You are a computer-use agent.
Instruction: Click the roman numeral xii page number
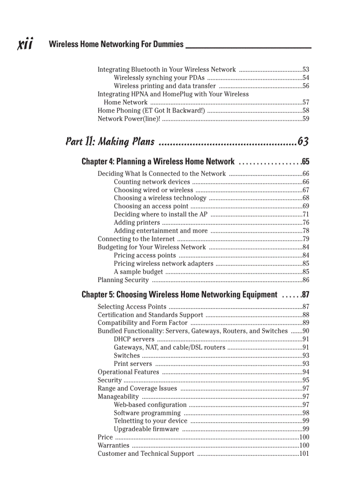pyautogui.click(x=24, y=44)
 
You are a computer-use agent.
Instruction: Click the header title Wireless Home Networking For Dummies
pyautogui.click(x=116, y=44)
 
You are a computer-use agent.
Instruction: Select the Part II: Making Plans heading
pyautogui.click(x=110, y=141)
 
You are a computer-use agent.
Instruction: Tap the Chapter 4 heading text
pyautogui.click(x=158, y=162)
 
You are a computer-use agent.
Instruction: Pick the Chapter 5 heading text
pyautogui.click(x=179, y=294)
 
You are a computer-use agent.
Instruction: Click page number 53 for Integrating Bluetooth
pyautogui.click(x=306, y=70)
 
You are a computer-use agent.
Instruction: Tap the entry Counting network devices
pyautogui.click(x=152, y=182)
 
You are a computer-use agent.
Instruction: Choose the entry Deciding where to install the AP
pyautogui.click(x=161, y=215)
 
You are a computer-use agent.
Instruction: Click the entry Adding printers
pyautogui.click(x=137, y=223)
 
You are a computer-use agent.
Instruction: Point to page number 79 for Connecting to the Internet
pyautogui.click(x=306, y=239)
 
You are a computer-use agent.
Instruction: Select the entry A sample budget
pyautogui.click(x=138, y=272)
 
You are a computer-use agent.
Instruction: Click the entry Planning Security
pyautogui.click(x=123, y=280)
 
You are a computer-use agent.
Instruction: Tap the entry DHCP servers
pyautogui.click(x=134, y=339)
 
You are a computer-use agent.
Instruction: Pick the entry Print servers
pyautogui.click(x=133, y=364)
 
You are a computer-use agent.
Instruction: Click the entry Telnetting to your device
pyautogui.click(x=150, y=421)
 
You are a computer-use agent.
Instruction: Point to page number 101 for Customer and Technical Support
pyautogui.click(x=304, y=454)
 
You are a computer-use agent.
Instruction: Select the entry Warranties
pyautogui.click(x=113, y=446)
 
